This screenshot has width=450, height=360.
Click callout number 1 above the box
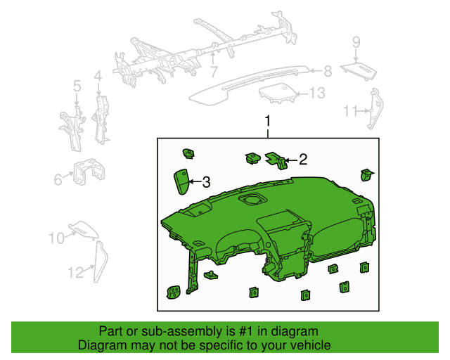(267, 122)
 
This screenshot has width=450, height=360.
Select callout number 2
(303, 160)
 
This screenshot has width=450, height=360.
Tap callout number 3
(206, 182)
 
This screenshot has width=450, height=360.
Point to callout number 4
(98, 75)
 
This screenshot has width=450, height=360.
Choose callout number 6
(58, 180)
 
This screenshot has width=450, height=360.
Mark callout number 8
(327, 70)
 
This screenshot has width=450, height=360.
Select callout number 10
(56, 239)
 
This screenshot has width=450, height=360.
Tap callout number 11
(351, 110)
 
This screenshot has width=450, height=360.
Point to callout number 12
(75, 271)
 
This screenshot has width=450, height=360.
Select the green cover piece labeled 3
(181, 181)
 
